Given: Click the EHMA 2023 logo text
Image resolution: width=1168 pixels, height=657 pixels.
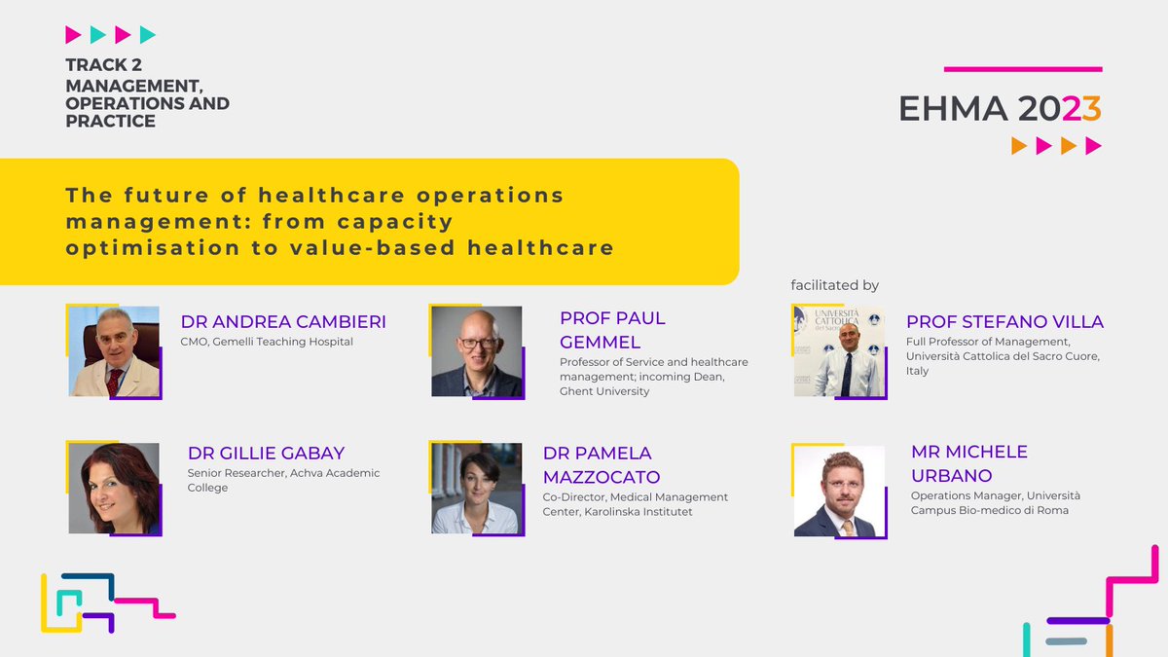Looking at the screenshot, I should coord(1000,109).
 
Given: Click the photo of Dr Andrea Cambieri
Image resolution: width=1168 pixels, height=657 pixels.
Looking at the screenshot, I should coord(114,351).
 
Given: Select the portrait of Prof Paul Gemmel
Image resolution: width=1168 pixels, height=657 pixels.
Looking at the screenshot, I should coord(477,351).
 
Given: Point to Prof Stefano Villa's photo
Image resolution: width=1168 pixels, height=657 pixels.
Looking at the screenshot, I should coord(839,351).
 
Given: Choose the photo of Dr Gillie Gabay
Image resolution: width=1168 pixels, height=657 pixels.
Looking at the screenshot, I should coord(114,488).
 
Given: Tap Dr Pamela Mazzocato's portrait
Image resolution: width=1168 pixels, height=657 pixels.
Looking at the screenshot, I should coord(477,488).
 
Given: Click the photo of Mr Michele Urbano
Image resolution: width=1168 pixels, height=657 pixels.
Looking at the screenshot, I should coord(839,491).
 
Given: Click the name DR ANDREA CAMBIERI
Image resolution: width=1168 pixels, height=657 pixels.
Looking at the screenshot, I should coord(283,322).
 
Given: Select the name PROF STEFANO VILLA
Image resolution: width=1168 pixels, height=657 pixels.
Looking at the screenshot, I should coord(1004,322).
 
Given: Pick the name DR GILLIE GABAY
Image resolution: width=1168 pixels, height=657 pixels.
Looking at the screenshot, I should coord(266,454).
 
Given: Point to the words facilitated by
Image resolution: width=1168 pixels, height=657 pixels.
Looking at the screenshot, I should coord(834,285).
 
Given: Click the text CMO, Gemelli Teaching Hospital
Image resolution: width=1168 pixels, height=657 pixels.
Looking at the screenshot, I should coord(267,342).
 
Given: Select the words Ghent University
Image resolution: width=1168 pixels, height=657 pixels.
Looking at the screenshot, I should coord(604,391).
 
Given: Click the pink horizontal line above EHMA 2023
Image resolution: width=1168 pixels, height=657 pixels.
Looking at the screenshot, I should coord(1023,69).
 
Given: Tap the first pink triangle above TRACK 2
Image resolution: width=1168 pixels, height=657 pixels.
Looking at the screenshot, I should coord(73,36).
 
